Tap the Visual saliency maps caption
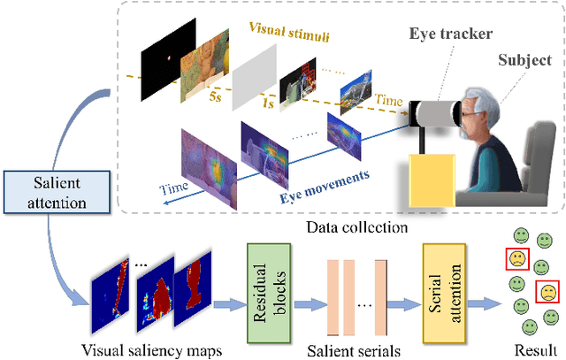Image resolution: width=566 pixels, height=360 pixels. (x=153, y=349)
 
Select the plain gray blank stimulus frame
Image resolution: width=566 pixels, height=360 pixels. (x=256, y=80)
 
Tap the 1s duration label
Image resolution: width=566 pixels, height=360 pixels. (x=265, y=115)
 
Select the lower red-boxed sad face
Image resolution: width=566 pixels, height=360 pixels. (x=547, y=292)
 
